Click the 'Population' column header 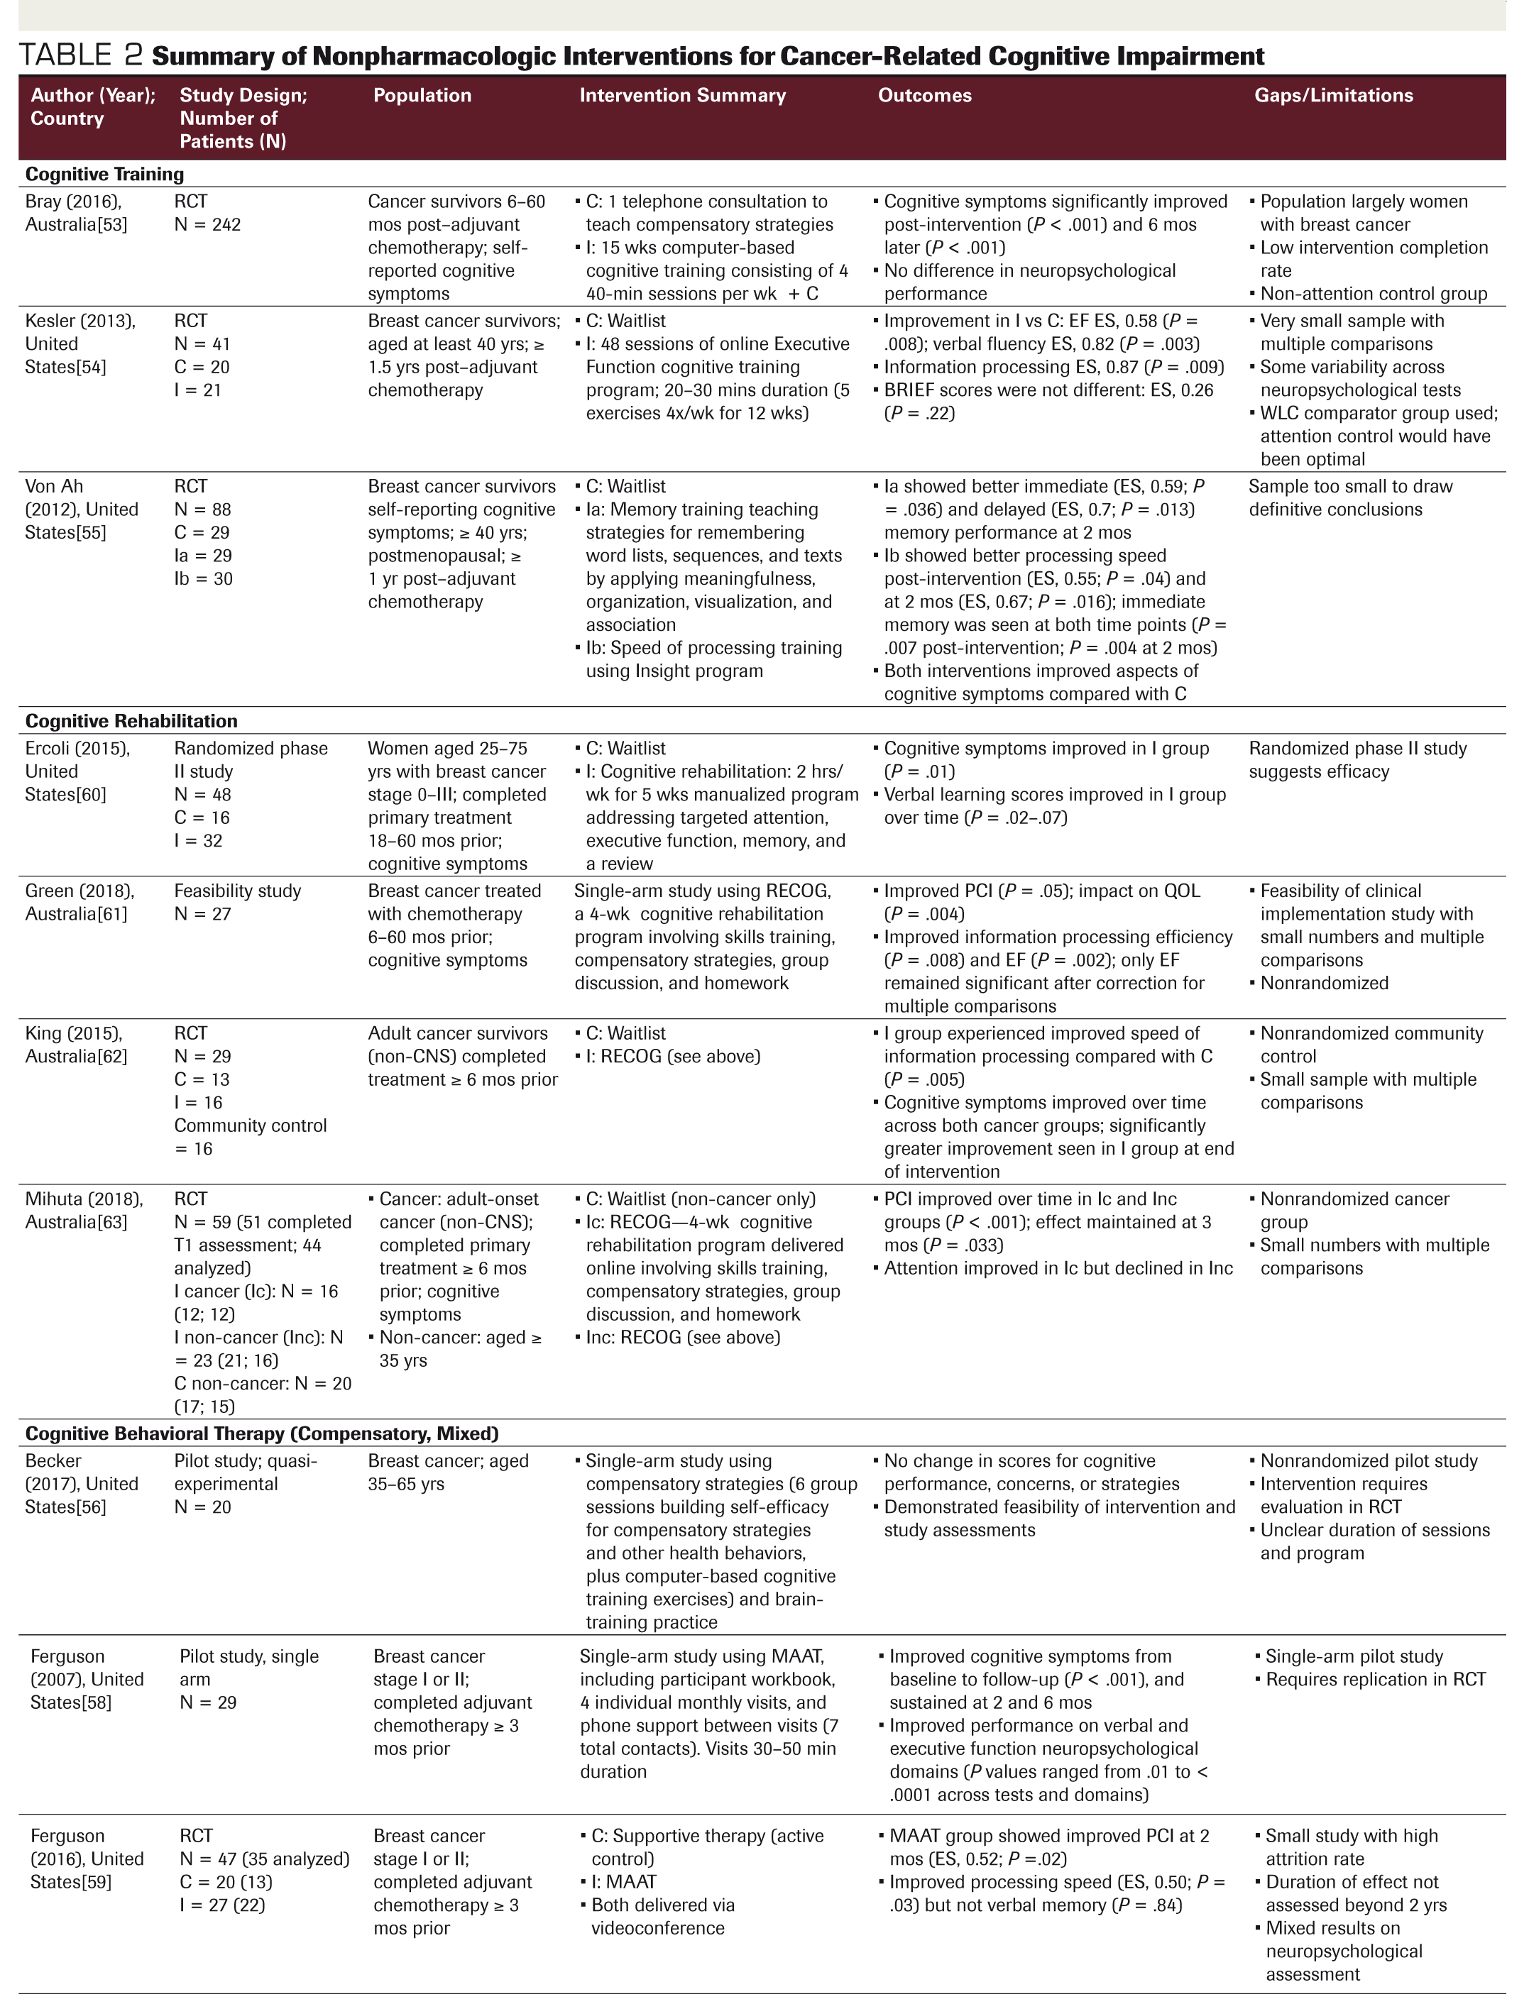coord(422,96)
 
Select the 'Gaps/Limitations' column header coord(1333,96)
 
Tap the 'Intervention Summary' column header coord(683,96)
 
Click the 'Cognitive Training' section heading coord(104,174)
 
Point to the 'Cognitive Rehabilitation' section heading coord(131,720)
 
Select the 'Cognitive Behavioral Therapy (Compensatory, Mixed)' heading coord(262,1433)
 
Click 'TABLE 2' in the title coord(80,55)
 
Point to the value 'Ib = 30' coord(203,578)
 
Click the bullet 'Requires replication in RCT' coord(1375,1680)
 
